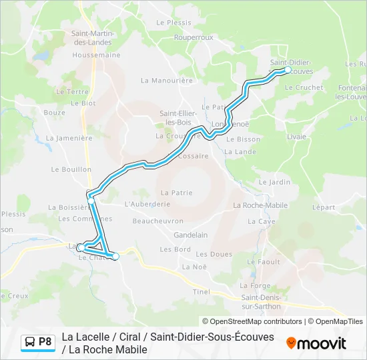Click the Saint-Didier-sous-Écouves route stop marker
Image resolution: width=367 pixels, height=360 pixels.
pos(288,69)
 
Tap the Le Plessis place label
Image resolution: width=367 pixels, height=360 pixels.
pos(173,22)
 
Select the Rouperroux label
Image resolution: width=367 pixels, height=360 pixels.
pos(193,38)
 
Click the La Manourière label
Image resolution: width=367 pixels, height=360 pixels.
pos(166,80)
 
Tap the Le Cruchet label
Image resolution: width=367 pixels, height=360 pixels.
pos(304,87)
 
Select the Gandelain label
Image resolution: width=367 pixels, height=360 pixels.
pos(190,235)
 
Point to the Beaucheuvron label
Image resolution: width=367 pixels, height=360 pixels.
pos(157,221)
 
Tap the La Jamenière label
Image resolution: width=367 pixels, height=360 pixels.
pos(69,138)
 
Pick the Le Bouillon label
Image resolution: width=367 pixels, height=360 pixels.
pos(75,170)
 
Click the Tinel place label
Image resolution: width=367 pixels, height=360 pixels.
pos(201,291)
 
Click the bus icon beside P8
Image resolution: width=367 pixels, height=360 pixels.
pos(30,343)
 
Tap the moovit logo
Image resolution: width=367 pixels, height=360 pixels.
pos(316,343)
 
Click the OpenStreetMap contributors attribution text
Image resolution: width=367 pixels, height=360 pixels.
pos(253,321)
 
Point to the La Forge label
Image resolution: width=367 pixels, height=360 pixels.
pos(256,286)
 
